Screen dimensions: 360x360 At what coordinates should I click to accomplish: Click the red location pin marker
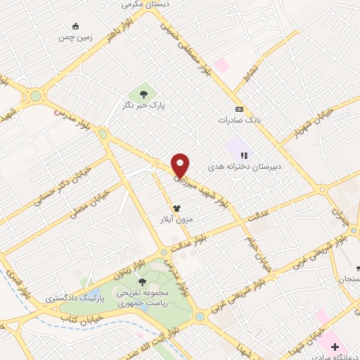pos(181,165)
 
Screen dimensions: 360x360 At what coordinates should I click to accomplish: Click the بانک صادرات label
pos(240,120)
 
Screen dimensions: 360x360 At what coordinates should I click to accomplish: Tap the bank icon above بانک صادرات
pos(240,109)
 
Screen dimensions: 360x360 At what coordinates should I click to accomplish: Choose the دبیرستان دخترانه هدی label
pos(243,168)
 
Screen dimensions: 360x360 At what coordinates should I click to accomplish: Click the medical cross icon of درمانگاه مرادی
pos(336,347)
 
